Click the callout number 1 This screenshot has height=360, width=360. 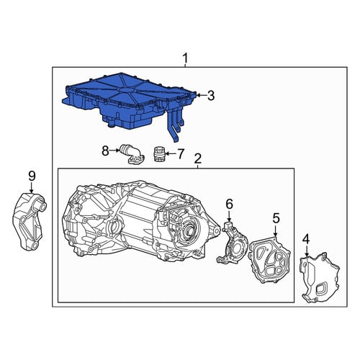tap(185, 59)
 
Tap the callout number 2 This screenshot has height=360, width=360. tap(197, 158)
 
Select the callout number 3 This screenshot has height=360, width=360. tap(210, 96)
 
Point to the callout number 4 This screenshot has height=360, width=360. tap(306, 240)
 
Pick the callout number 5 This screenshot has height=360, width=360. tap(276, 219)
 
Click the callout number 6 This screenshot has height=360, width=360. tap(229, 204)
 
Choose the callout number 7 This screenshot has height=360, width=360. tap(180, 154)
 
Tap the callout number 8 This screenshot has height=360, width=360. tap(105, 151)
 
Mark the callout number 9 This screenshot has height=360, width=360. tap(32, 176)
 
